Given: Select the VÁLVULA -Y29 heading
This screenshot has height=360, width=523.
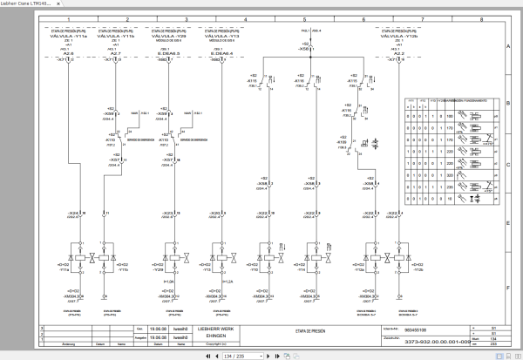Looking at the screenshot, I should (x=168, y=35).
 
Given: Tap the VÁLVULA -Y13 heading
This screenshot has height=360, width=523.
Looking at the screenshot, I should (x=219, y=35).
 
